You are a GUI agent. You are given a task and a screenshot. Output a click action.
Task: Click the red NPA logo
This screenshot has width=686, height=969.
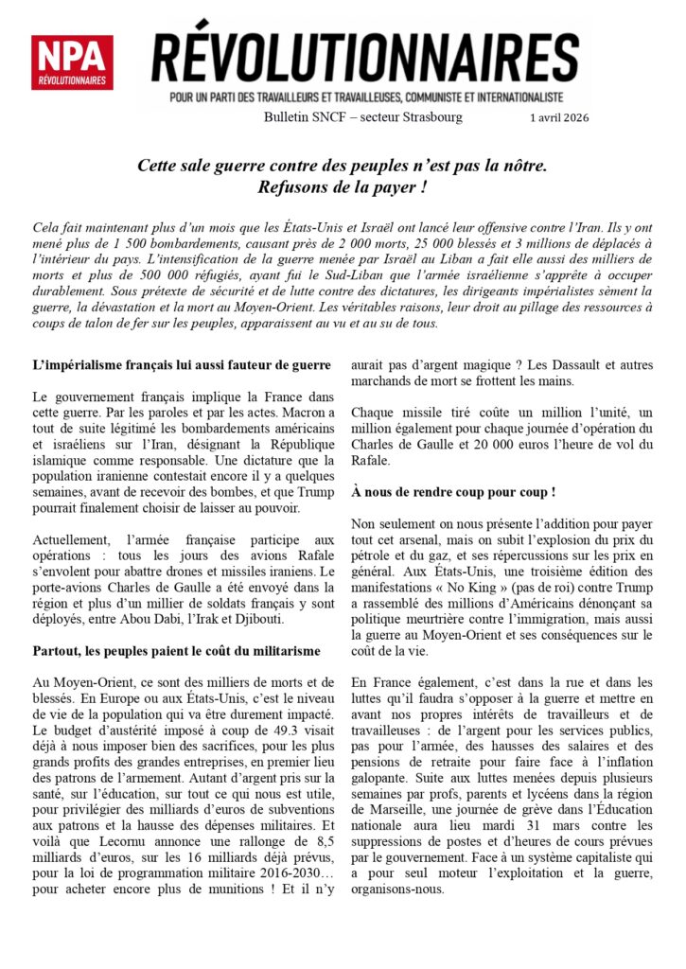(71, 62)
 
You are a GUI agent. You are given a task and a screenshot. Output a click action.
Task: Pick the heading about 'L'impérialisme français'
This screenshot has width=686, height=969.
(181, 364)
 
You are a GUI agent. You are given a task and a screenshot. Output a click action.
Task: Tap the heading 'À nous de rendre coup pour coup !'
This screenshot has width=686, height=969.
(453, 492)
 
